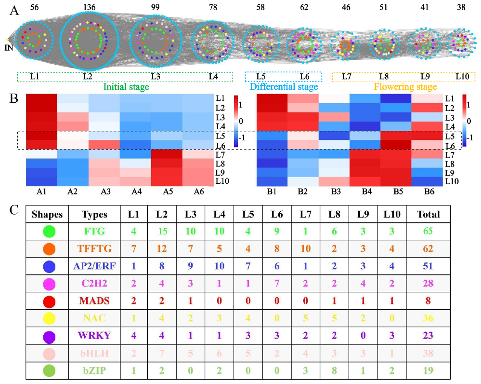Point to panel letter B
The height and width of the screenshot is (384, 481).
coord(14,98)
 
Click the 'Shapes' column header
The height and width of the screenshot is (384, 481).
coord(47,214)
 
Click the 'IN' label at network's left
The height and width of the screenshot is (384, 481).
coord(8,47)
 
